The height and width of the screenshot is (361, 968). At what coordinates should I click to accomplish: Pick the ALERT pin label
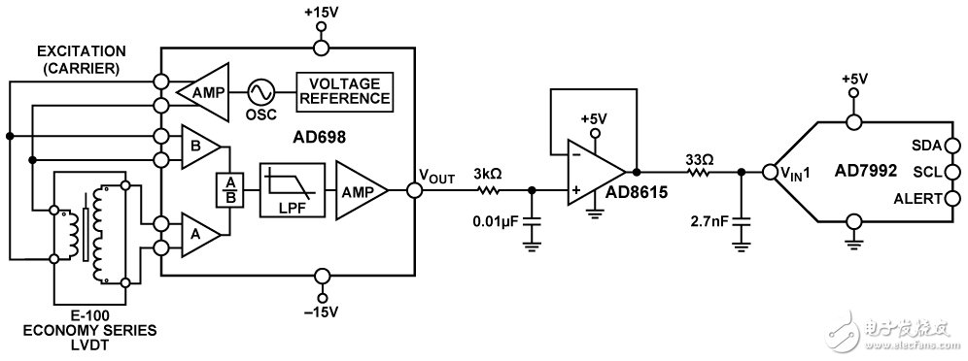pos(918,199)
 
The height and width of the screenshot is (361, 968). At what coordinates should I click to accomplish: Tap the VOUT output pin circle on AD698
pos(414,191)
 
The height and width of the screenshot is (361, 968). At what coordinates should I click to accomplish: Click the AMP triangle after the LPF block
pos(361,191)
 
